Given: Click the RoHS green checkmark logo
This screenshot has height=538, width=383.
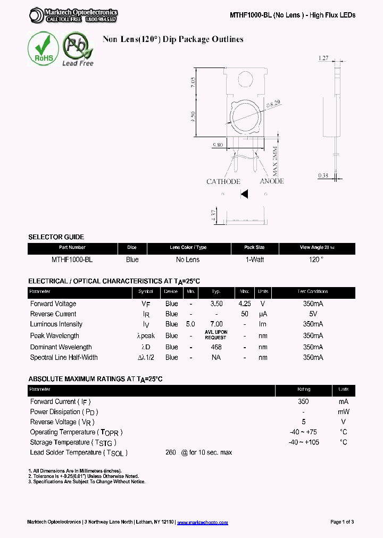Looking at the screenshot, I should coord(43,49).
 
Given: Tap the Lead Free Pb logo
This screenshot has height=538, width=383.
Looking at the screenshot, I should coord(78,49).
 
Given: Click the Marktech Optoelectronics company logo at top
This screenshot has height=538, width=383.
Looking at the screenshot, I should coord(73,15).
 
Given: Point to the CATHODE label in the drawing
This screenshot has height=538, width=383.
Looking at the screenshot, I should coord(223,182).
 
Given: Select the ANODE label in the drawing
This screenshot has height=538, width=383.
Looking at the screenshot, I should coord(272,181).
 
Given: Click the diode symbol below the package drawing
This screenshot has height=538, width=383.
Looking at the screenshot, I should coord(244,195).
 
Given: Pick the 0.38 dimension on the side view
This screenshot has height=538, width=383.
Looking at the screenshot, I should coord(323,175).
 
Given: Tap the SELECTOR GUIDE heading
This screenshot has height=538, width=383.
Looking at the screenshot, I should coord(56,237).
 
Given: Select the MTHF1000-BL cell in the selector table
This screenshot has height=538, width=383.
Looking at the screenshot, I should coord(72,259).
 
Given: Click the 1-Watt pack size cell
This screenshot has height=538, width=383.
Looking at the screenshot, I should coord(254,259).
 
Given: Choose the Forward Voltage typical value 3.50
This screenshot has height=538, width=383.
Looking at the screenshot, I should coord(216,304).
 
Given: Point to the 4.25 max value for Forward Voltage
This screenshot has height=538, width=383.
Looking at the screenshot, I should coord(245,304).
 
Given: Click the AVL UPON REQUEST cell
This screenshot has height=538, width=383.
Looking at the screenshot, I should coord(215,335).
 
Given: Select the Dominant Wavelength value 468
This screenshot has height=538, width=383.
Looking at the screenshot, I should coord(216,347).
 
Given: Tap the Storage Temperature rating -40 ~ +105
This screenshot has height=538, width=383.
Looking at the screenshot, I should coord(304,442).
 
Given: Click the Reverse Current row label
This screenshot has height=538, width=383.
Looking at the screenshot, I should coord(53,314).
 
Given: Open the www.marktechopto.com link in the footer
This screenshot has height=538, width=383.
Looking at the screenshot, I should coord(202,523).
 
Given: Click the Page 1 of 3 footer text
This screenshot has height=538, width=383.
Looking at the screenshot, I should coord(342,522).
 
